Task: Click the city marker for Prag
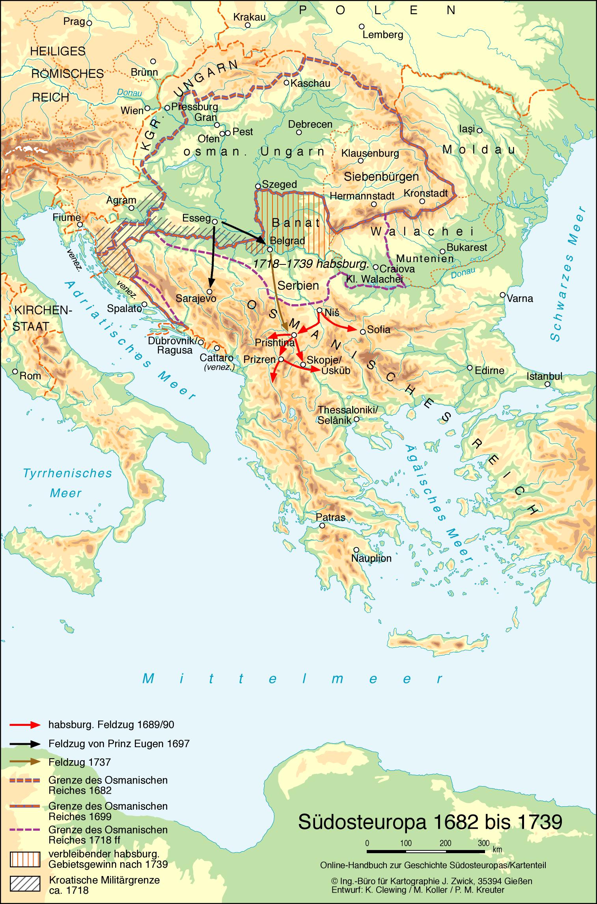pyautogui.click(x=89, y=23)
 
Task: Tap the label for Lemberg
pyautogui.click(x=382, y=35)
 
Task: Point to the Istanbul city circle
pyautogui.click(x=547, y=384)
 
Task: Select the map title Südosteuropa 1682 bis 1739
pyautogui.click(x=430, y=822)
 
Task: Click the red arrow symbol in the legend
pyautogui.click(x=25, y=725)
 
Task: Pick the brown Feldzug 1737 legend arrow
pyautogui.click(x=25, y=762)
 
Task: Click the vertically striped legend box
pyautogui.click(x=25, y=859)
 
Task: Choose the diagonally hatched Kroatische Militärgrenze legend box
pyautogui.click(x=25, y=884)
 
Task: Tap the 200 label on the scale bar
pyautogui.click(x=445, y=843)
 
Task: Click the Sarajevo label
pyautogui.click(x=196, y=298)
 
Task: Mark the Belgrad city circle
pyautogui.click(x=270, y=249)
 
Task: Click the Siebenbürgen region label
pyautogui.click(x=381, y=177)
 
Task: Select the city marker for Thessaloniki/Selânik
pyautogui.click(x=356, y=419)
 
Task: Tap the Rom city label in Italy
pyautogui.click(x=30, y=376)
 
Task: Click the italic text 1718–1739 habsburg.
pyautogui.click(x=311, y=264)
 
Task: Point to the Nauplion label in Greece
pyautogui.click(x=371, y=558)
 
